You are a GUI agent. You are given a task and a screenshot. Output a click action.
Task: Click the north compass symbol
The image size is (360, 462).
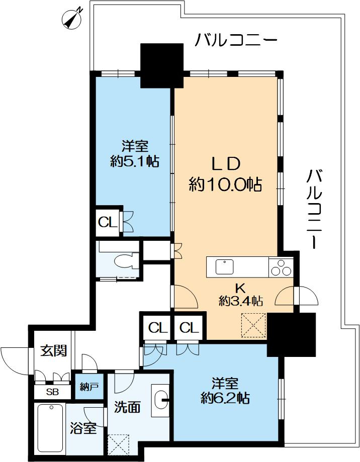pos(71,20)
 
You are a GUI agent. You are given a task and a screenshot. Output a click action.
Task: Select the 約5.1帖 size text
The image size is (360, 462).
pos(135,161)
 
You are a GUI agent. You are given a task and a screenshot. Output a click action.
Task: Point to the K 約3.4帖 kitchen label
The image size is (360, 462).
pos(241,295)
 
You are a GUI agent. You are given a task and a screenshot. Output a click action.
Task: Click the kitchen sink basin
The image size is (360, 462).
pos(224,267)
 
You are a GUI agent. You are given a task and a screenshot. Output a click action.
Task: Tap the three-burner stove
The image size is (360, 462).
pos(281,267)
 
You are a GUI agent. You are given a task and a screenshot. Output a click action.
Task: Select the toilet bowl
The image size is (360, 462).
pos(123,261)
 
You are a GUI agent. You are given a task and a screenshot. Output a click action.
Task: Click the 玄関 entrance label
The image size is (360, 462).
pos(54,350)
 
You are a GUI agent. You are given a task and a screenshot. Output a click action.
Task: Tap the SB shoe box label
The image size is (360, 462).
pos(52,392)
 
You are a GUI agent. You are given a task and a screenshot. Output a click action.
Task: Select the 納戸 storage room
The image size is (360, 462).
pos(89,386)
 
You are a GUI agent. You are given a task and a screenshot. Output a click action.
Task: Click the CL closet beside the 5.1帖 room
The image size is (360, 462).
pos(108,223)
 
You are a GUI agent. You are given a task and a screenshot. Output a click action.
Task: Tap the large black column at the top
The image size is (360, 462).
pos(162,66)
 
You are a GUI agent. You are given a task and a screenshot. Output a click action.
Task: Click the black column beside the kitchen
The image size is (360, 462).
pos(291,335)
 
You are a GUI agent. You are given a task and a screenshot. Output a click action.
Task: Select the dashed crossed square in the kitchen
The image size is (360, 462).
pos(253,325)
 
